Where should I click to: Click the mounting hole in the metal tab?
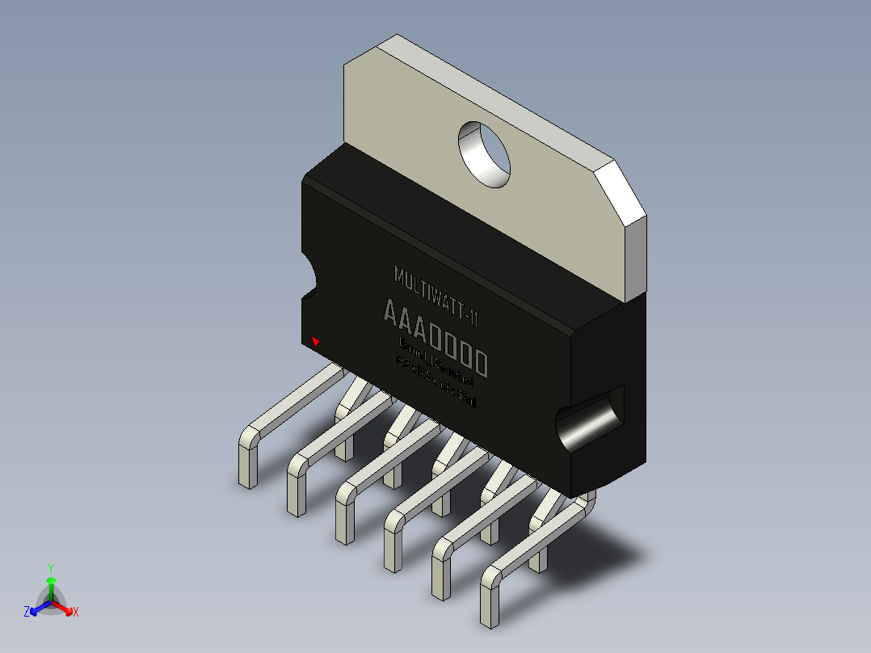click(x=486, y=154)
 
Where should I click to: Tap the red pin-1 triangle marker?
click(x=316, y=342)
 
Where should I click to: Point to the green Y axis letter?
click(x=50, y=568)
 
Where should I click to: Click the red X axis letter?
click(x=76, y=613)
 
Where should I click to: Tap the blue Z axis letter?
click(x=27, y=613)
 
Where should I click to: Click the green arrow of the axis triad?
click(x=50, y=583)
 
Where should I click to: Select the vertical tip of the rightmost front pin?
click(x=490, y=602)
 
